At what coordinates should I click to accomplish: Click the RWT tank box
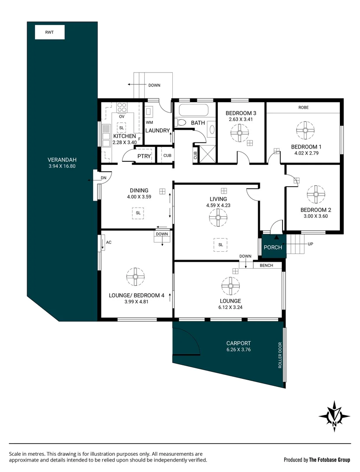point(49,32)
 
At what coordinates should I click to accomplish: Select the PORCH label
point(272,248)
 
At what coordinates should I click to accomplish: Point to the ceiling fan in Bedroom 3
point(240,132)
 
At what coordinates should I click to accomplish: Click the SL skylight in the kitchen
point(121,128)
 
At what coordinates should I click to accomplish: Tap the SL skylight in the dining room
point(138,212)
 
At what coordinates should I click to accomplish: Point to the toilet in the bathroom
point(181,123)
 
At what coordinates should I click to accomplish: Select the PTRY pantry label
point(144,156)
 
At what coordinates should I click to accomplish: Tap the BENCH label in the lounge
point(266,265)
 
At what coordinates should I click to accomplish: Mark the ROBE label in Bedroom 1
point(304,107)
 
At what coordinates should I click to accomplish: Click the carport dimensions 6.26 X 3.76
point(238,350)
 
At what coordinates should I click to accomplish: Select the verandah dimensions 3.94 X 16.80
point(63,166)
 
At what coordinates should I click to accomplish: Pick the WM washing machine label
point(149,123)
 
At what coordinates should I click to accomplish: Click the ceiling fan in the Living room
point(217,217)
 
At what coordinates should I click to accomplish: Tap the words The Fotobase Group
point(330,459)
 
